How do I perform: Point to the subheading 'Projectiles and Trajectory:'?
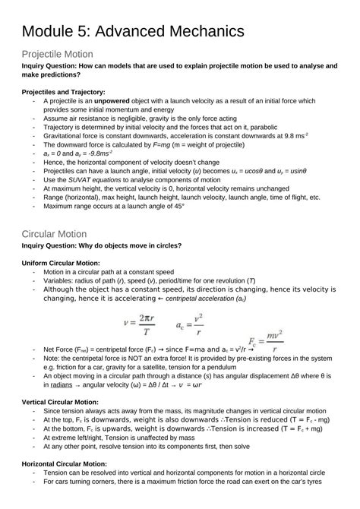point(63,91)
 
